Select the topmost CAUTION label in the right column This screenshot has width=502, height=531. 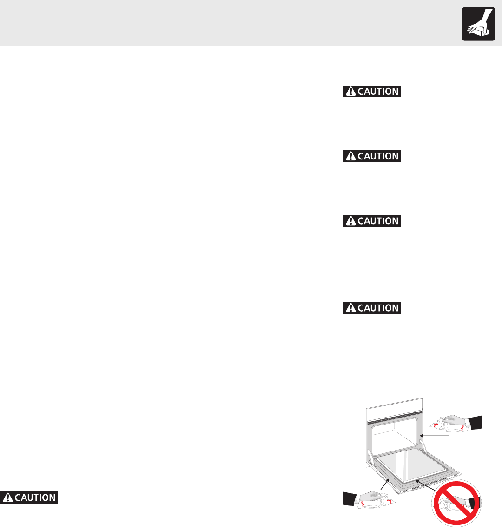coord(372,92)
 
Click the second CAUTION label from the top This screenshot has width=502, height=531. coord(372,156)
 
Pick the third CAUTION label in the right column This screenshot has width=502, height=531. coord(372,221)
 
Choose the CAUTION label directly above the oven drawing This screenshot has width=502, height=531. coord(372,308)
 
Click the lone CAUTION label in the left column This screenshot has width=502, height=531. coord(29,498)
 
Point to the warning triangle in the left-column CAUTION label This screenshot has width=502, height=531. coord(7,498)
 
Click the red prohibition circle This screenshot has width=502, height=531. coord(456,505)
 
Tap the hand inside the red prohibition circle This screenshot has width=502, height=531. coord(458,504)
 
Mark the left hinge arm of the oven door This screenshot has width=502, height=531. coord(370,456)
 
